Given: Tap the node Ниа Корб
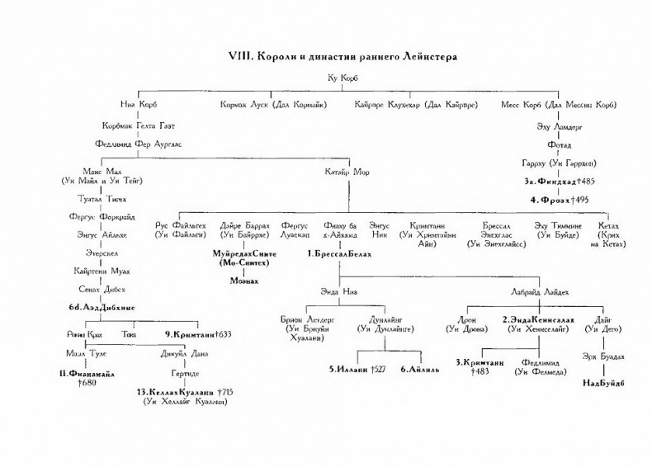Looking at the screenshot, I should pos(138,105).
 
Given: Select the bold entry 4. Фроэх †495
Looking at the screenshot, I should pos(559,200).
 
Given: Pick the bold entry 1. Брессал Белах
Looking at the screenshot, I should pos(339,255).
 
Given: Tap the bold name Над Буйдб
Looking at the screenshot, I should pos(603,383).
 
